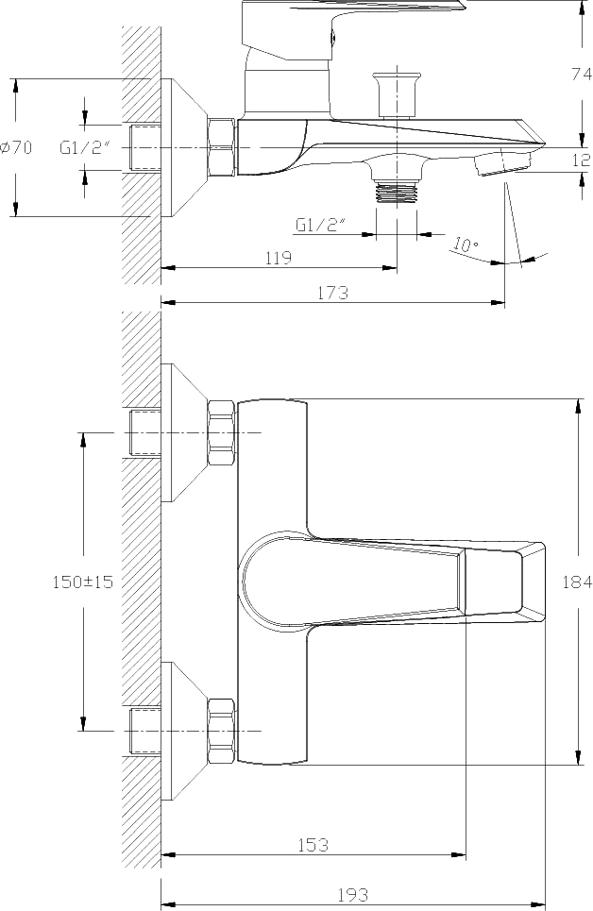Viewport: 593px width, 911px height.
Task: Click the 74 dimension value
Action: [x=582, y=74]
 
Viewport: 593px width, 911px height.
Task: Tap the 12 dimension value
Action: [x=582, y=160]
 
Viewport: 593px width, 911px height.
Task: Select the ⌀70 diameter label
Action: [x=16, y=147]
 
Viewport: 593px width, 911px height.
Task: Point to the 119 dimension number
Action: [x=279, y=258]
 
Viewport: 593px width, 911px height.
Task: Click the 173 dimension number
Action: [x=333, y=293]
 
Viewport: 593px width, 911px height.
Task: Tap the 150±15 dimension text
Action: [x=83, y=582]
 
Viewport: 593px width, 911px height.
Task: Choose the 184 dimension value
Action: [x=577, y=582]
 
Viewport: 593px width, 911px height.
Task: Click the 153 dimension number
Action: [x=313, y=844]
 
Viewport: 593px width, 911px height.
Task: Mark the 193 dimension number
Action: [x=353, y=894]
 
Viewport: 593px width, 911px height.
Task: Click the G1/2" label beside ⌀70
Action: [x=85, y=147]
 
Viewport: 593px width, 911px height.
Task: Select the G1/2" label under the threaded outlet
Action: [x=321, y=225]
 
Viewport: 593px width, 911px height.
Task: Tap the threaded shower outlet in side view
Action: [x=397, y=192]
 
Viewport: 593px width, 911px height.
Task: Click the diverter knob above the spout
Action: [x=397, y=94]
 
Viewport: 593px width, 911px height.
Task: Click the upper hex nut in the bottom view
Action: [x=222, y=432]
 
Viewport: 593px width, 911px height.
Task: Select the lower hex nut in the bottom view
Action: [x=222, y=731]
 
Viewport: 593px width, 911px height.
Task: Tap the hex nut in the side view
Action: [x=222, y=147]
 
